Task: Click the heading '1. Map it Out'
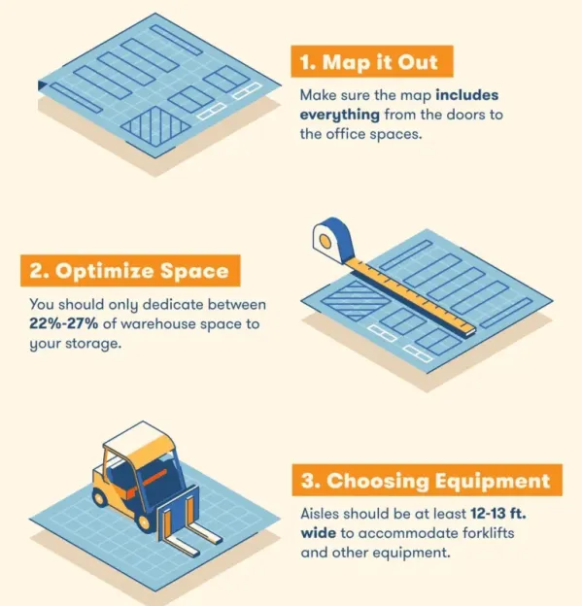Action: point(369,62)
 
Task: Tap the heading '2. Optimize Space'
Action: point(129,271)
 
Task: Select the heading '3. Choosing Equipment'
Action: point(426,481)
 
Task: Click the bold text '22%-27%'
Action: point(64,323)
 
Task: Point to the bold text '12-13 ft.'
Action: point(498,514)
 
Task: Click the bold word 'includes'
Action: point(467,95)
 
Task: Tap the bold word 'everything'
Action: point(340,116)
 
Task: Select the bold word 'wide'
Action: point(319,533)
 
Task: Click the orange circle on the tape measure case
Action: point(325,242)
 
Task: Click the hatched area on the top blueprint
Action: point(155,126)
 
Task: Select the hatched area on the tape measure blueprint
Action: point(356,300)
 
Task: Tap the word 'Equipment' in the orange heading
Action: point(493,482)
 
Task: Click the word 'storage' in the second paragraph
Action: point(93,344)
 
